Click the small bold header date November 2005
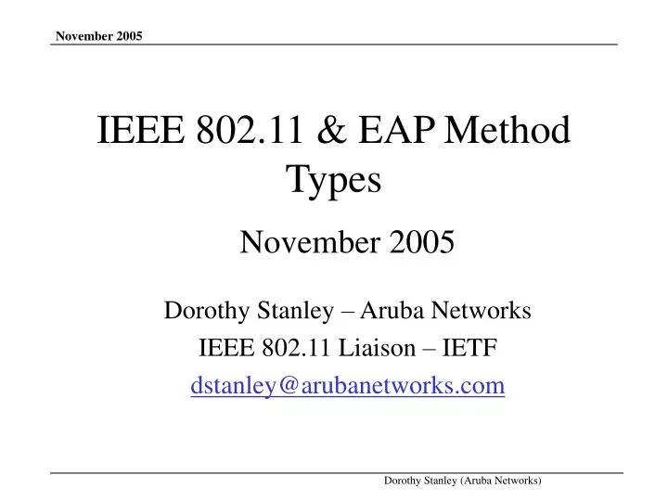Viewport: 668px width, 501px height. click(98, 36)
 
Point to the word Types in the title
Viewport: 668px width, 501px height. click(334, 180)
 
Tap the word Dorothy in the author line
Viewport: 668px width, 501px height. click(200, 312)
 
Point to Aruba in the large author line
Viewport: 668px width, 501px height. click(386, 312)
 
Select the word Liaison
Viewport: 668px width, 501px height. click(388, 349)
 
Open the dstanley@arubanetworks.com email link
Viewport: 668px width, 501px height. click(348, 386)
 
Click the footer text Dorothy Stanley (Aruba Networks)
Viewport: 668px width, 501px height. click(463, 479)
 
